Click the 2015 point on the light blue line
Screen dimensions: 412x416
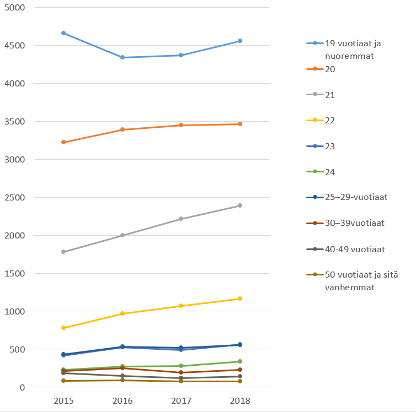pos(63,33)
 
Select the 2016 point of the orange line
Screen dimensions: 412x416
pos(122,129)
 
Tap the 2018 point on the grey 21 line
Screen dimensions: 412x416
pos(239,205)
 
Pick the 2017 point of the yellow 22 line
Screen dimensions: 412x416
pos(181,306)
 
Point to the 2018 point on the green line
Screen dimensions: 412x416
pos(239,361)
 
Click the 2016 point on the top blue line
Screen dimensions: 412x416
pos(122,57)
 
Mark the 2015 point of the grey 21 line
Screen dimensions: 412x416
pos(63,252)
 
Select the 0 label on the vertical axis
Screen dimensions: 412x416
pos(23,388)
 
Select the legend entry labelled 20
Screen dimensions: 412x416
pos(330,69)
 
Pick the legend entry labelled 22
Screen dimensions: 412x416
pos(330,120)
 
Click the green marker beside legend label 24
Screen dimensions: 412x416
pos(315,172)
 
